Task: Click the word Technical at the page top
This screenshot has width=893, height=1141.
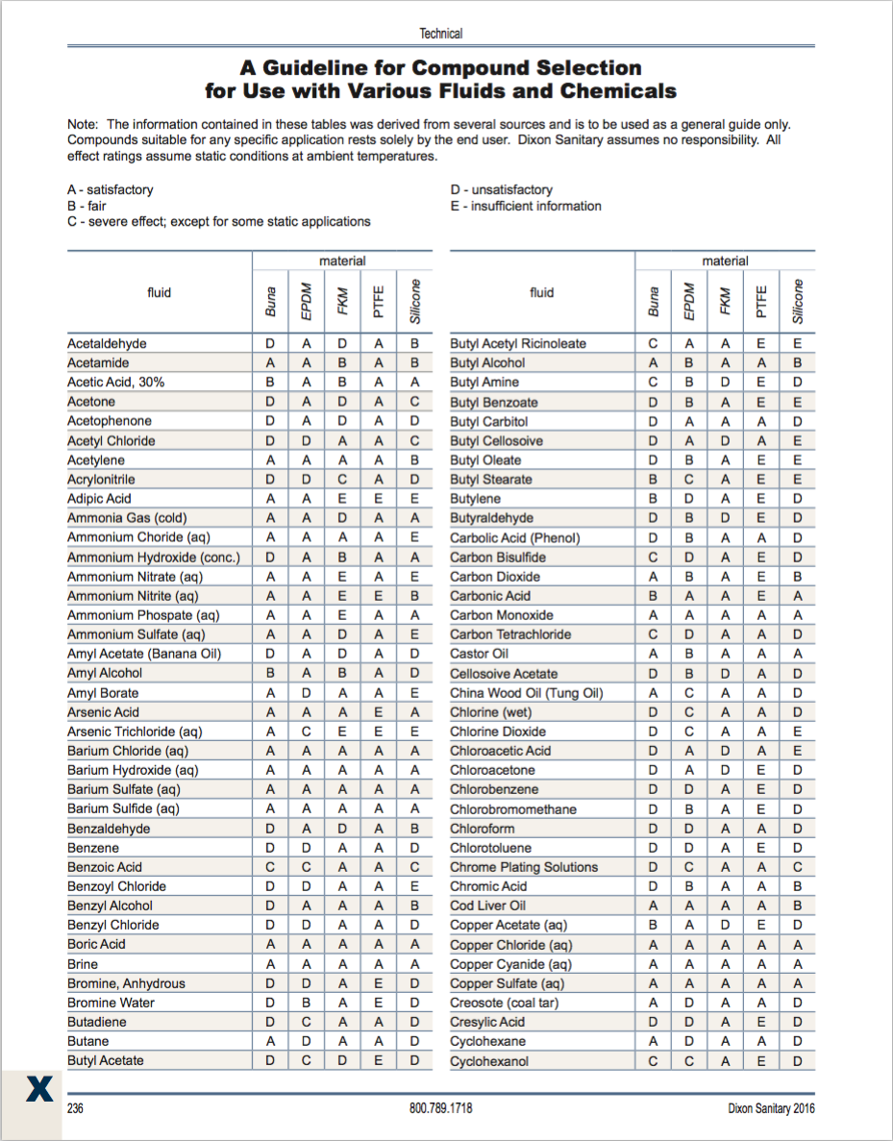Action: point(441,34)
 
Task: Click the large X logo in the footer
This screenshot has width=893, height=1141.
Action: point(39,1088)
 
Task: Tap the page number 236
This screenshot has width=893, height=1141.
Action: point(76,1108)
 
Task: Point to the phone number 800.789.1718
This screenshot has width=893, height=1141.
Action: point(440,1108)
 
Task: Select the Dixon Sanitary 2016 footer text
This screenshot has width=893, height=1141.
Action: point(771,1108)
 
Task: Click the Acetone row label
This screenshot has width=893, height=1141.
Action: point(91,402)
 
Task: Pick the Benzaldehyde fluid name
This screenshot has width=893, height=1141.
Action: point(109,829)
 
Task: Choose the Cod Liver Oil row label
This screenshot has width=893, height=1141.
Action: point(488,905)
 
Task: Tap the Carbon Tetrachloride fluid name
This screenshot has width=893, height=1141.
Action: point(510,634)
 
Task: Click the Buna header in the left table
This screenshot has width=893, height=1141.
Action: point(271,300)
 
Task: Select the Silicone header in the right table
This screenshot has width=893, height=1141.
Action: point(797,300)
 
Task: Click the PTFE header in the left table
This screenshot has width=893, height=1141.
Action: point(379,300)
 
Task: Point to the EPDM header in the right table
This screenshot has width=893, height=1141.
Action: point(689,300)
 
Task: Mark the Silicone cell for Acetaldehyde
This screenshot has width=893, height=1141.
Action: point(414,343)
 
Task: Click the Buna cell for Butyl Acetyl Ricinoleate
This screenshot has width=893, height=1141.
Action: point(654,343)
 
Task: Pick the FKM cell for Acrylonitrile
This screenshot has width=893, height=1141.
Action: point(342,479)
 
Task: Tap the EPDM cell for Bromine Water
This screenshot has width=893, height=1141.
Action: point(307,1003)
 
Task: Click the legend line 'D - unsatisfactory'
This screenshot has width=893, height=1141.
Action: point(501,190)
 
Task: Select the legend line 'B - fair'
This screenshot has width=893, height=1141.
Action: point(87,206)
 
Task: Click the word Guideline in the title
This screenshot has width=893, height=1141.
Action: point(328,68)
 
